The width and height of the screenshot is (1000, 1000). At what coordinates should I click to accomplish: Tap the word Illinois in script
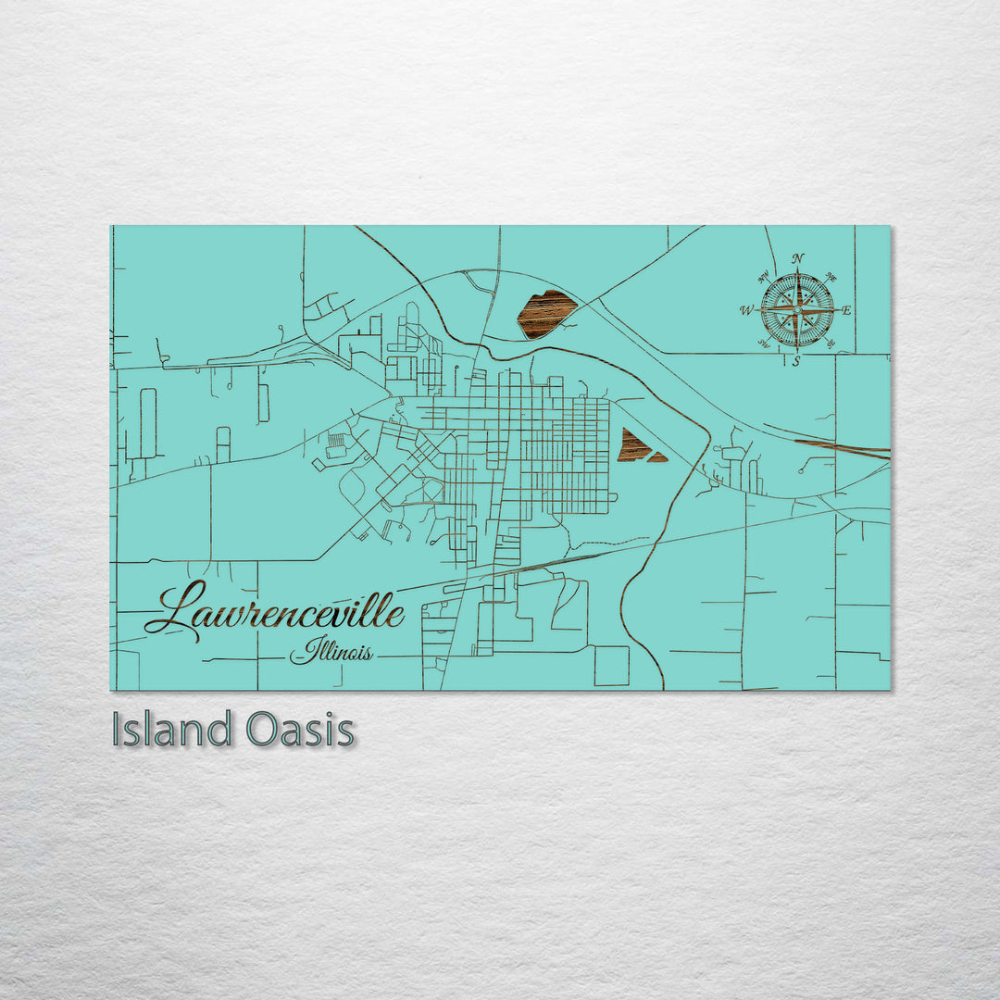click(x=331, y=652)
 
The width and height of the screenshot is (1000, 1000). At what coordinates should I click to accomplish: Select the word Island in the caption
click(x=171, y=730)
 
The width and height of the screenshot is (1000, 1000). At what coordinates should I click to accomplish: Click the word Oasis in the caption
click(x=301, y=730)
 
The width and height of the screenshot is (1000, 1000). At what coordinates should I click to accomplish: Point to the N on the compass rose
click(x=798, y=259)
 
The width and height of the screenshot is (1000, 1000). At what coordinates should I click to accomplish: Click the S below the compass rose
click(x=796, y=361)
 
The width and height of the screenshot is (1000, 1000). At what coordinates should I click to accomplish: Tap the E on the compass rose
click(x=846, y=310)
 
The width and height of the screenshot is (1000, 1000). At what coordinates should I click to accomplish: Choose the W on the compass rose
click(x=746, y=310)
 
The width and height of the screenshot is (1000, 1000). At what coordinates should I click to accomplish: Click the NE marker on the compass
click(x=831, y=277)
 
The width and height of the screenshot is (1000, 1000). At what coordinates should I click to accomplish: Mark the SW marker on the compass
click(x=764, y=344)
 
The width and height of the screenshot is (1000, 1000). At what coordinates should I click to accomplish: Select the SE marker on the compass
click(x=831, y=344)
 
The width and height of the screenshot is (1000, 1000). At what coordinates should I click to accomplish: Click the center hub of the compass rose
click(x=797, y=310)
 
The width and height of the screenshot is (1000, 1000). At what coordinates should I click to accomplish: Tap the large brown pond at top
click(x=546, y=314)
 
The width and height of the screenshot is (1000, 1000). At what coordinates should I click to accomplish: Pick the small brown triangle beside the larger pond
click(x=658, y=456)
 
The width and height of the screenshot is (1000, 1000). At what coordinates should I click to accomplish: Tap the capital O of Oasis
click(x=262, y=730)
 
